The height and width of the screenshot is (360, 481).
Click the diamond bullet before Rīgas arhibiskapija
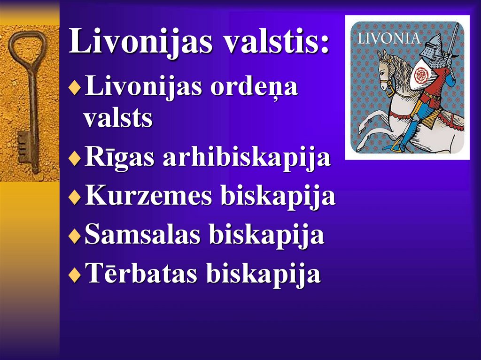[x=74, y=159]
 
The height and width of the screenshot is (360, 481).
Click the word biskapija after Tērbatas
[x=264, y=274]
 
